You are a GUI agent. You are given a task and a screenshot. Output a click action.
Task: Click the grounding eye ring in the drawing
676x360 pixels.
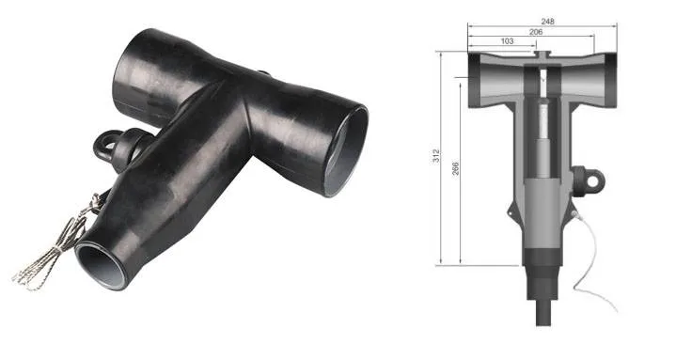[591, 176]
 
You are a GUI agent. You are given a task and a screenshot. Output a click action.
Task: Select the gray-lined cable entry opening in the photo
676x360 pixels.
[99, 258]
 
